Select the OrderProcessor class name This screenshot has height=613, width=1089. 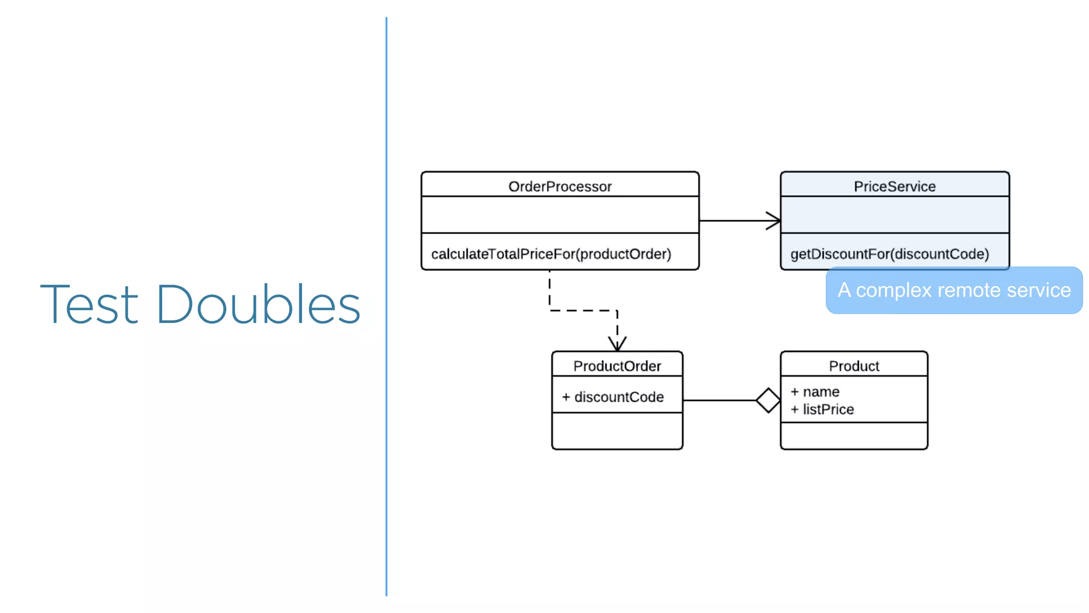click(x=560, y=186)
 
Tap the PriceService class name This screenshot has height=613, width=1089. click(x=894, y=186)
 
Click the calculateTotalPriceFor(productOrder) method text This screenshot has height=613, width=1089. click(x=551, y=254)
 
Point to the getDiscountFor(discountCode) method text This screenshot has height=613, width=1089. click(x=890, y=254)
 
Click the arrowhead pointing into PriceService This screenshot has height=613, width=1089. click(x=774, y=220)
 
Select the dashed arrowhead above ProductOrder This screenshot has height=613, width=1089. click(x=617, y=343)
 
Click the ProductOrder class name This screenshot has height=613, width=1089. click(x=617, y=366)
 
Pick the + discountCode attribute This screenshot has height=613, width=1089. click(x=613, y=397)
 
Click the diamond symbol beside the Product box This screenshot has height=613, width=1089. click(x=768, y=400)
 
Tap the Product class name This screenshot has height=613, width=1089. click(x=854, y=366)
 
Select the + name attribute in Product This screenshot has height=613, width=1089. click(x=815, y=392)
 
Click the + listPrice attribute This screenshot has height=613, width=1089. click(x=822, y=409)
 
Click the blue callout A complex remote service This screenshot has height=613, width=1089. click(x=954, y=291)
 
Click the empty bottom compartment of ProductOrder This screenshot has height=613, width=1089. click(x=617, y=431)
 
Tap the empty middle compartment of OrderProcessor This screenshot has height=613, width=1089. click(x=560, y=214)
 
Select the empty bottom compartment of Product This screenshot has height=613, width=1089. click(x=854, y=436)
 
